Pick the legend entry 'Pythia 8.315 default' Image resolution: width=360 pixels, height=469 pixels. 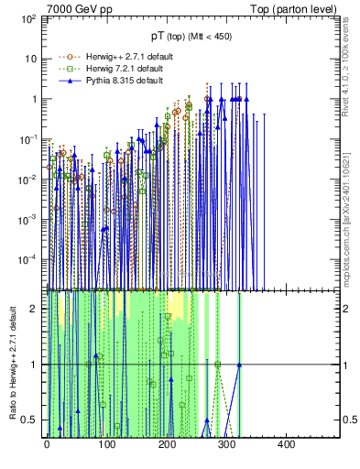pyautogui.click(x=111, y=81)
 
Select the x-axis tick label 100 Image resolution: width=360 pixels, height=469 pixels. pyautogui.click(x=106, y=444)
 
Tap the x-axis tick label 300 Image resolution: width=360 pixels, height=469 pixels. pyautogui.click(x=225, y=444)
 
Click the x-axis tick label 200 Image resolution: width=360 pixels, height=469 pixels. pyautogui.click(x=166, y=444)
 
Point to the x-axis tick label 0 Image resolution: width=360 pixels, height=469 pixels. pyautogui.click(x=47, y=444)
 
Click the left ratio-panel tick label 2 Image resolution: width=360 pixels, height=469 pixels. pyautogui.click(x=34, y=309)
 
